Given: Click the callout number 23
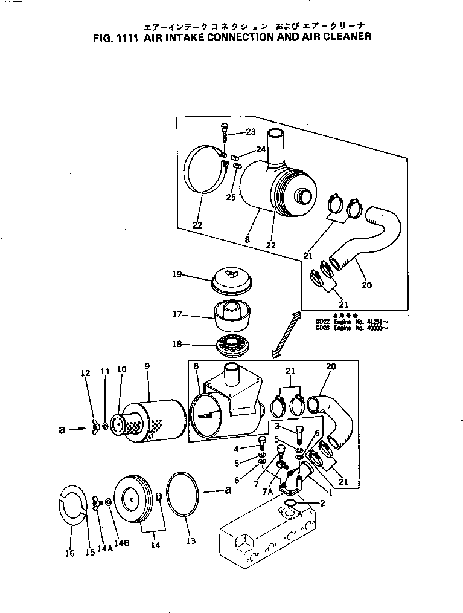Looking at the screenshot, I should coord(251,131).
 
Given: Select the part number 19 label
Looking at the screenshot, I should coord(176,274).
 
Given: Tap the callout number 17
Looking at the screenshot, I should coord(176,315).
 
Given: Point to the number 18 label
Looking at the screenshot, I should coord(176,345).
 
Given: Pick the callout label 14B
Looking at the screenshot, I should coord(123,543).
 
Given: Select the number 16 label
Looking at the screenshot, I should coord(70,553).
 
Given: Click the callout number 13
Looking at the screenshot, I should coord(191,541).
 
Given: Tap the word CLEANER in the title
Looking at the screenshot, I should coord(340,36).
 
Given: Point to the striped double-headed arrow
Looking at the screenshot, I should coord(286,334).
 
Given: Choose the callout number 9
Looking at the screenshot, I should coord(147,367).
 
